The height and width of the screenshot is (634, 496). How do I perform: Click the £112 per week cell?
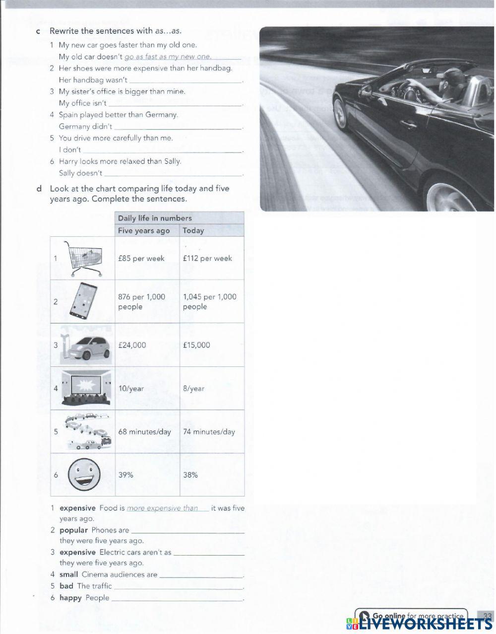(x=207, y=258)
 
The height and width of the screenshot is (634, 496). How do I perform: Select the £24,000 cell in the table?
(x=132, y=345)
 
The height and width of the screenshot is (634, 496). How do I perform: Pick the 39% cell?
(x=126, y=475)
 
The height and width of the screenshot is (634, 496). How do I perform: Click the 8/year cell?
(x=193, y=389)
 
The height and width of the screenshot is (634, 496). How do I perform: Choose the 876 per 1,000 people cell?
(x=141, y=301)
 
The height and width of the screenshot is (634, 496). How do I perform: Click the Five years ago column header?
(x=144, y=230)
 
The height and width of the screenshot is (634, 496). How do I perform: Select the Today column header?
(x=193, y=230)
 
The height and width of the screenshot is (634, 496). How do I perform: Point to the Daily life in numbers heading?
(x=155, y=218)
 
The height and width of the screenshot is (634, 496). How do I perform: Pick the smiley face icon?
(x=83, y=474)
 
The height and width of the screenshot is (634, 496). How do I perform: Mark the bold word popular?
(x=73, y=530)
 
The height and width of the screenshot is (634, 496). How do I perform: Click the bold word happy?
(x=70, y=598)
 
